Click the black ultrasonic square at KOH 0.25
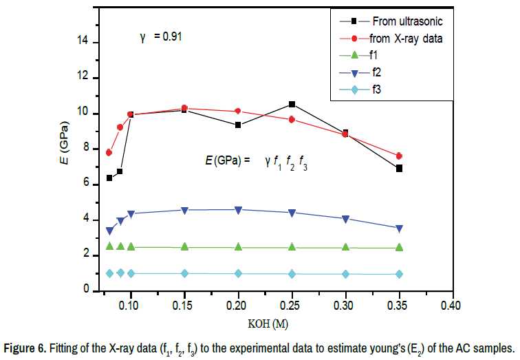pos(292,104)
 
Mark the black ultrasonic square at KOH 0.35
pos(399,168)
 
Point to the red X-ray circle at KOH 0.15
pos(184,108)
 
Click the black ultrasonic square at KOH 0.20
pos(238,125)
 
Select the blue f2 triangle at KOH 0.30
pos(345,219)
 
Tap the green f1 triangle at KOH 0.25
pos(292,247)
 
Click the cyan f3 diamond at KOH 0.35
pos(399,274)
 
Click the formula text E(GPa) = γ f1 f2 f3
pos(256,162)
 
